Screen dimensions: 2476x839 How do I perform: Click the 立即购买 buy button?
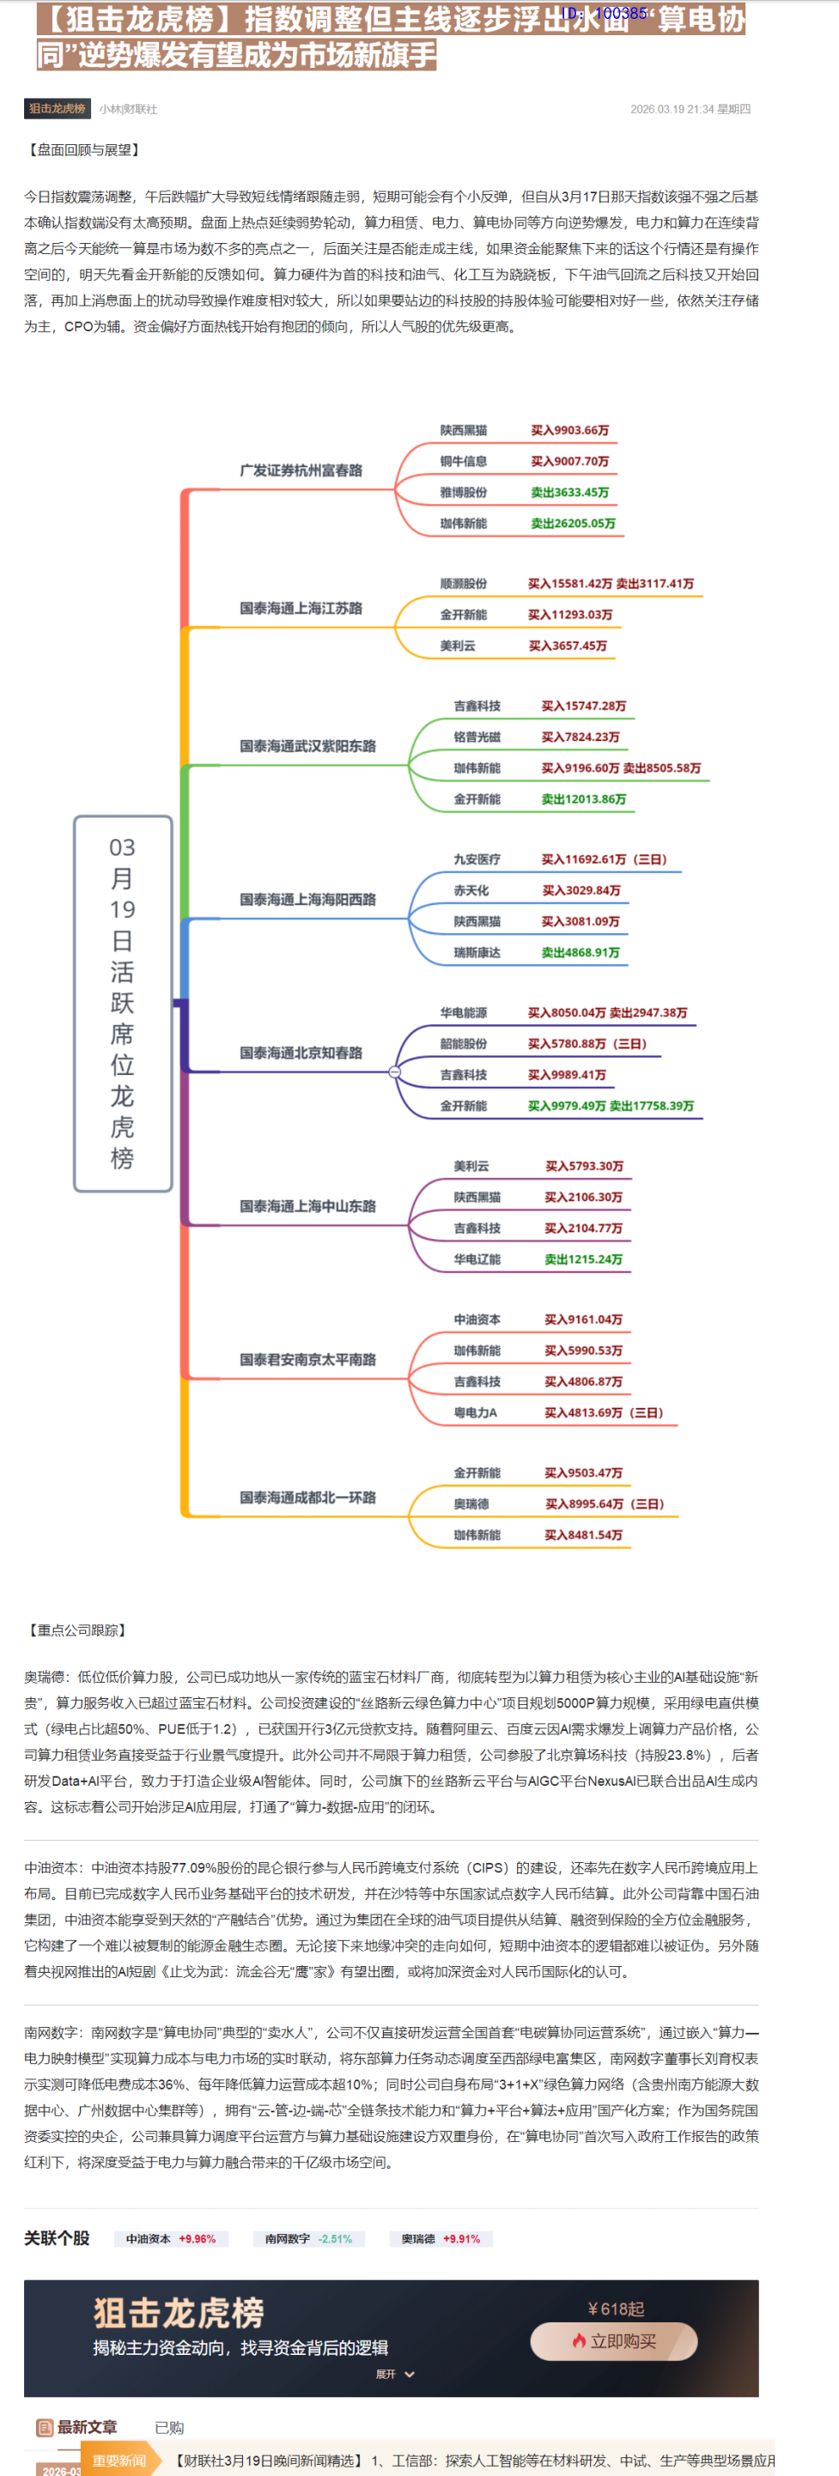613,2340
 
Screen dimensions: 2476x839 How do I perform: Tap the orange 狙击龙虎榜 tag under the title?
57,109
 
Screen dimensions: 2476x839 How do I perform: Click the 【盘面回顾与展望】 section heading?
83,150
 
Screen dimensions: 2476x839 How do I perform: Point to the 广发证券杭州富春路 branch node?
301,470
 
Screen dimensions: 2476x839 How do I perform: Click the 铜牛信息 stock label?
463,461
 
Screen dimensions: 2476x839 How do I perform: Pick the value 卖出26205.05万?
573,524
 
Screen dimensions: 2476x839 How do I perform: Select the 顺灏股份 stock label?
463,584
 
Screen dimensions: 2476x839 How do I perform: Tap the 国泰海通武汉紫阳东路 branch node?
307,746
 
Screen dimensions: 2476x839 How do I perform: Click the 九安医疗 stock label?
477,859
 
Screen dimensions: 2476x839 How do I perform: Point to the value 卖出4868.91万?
580,952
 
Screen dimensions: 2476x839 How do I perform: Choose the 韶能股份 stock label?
463,1044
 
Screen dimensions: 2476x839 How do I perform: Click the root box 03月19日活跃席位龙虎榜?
123,1004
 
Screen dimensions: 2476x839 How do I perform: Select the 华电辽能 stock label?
477,1259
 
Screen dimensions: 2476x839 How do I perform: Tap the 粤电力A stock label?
475,1413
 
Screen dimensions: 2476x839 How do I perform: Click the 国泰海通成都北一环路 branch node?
307,1497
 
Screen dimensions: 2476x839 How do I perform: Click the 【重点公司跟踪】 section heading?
77,1630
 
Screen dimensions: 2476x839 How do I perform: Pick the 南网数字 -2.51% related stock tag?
308,2238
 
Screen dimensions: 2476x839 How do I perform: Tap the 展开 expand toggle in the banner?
395,2374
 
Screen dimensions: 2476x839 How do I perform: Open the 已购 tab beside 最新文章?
169,2428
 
